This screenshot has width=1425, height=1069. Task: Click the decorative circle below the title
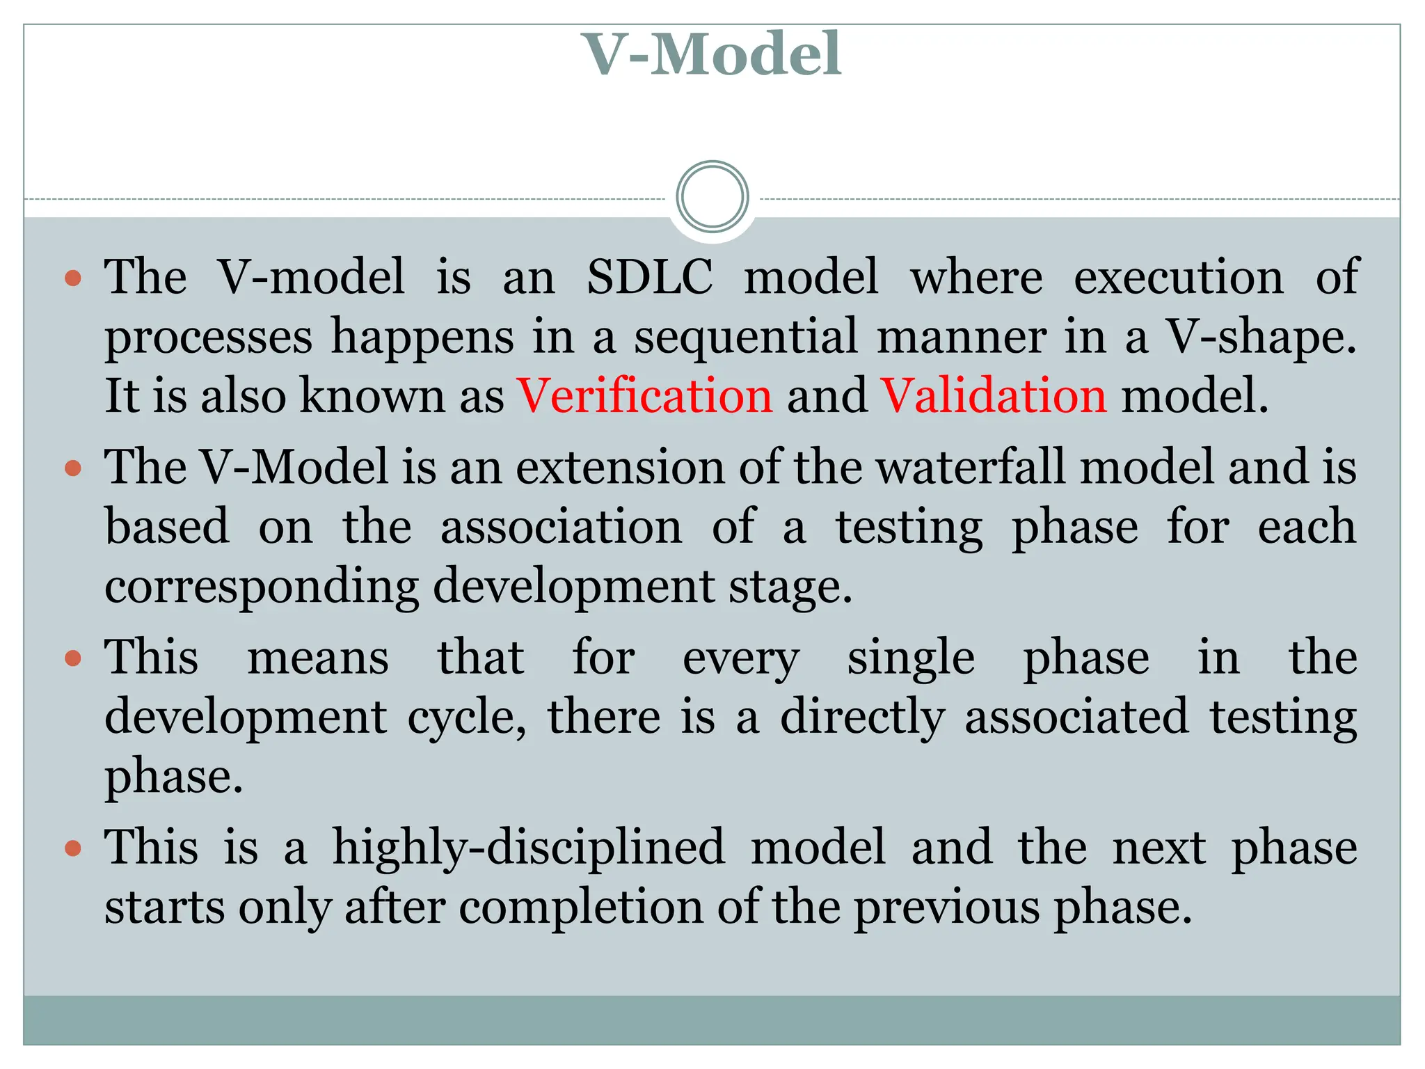click(x=712, y=197)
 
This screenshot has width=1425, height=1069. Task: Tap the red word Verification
click(x=645, y=395)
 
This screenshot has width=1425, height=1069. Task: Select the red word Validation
click(x=994, y=395)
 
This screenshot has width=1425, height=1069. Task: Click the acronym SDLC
click(x=650, y=276)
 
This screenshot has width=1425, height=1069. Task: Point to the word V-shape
click(x=1260, y=337)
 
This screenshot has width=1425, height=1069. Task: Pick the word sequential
click(x=746, y=337)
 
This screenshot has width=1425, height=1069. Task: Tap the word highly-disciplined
click(x=528, y=848)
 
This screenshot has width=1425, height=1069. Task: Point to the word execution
click(x=1179, y=276)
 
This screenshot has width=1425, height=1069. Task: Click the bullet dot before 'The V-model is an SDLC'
click(x=72, y=279)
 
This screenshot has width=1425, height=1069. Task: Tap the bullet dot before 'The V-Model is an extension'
click(x=72, y=468)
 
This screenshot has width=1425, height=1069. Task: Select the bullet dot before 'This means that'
click(x=72, y=658)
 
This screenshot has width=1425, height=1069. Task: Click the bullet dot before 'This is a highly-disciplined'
click(x=72, y=848)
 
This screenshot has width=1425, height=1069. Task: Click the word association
click(x=562, y=526)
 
